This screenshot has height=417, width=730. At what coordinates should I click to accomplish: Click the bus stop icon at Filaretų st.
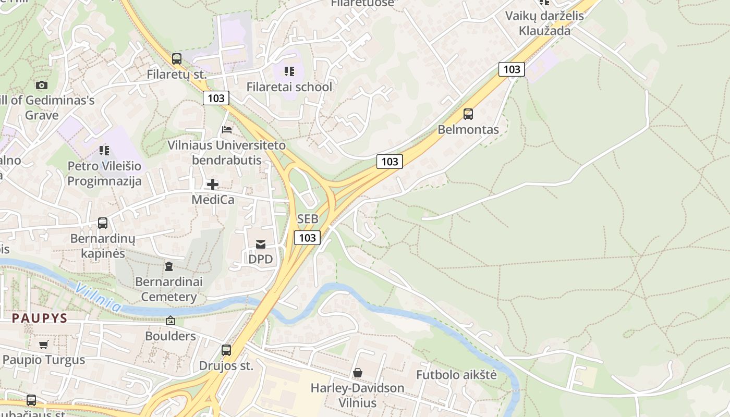[177, 58]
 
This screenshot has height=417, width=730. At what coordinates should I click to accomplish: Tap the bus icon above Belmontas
[468, 114]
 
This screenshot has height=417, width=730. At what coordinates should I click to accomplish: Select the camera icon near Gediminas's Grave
[42, 85]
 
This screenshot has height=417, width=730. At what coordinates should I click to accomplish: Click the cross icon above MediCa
[213, 184]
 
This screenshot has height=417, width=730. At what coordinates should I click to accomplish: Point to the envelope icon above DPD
[261, 244]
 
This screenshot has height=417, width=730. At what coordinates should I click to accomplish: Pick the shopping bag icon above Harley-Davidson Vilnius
[358, 373]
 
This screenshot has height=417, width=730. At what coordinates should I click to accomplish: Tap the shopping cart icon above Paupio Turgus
[44, 345]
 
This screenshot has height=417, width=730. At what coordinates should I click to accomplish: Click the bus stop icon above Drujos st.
[226, 350]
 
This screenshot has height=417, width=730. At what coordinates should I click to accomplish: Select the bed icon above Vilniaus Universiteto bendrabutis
[227, 129]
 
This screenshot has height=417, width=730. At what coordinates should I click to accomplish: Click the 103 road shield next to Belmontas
[390, 162]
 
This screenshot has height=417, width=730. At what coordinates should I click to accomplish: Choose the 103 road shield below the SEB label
[307, 238]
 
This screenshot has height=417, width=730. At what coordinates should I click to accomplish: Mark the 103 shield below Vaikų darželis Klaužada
[511, 69]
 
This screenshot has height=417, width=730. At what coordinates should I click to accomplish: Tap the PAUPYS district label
[40, 318]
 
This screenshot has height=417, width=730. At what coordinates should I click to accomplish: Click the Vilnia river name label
[98, 297]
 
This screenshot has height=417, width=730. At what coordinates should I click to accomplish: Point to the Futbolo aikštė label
[456, 375]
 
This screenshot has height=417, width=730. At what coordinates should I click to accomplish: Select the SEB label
[308, 219]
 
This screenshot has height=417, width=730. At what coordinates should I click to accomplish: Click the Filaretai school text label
[289, 87]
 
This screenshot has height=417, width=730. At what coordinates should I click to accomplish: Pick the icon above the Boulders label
[171, 321]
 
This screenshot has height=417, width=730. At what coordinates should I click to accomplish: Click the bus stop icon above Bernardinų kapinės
[103, 223]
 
